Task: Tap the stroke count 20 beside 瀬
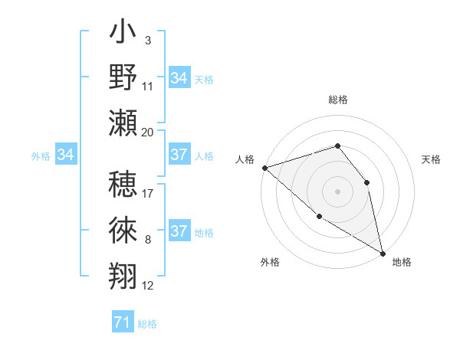coord(148,132)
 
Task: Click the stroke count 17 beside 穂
coord(148,192)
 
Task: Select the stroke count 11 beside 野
coord(148,86)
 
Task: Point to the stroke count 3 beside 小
coord(148,40)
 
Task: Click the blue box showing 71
coord(122,322)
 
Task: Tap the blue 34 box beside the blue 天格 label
coord(179,78)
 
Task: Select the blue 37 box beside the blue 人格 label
coord(179,155)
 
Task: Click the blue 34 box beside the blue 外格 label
coord(65,155)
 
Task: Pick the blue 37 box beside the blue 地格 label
coord(179,231)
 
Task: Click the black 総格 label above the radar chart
coord(337,100)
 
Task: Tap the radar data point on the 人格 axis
coord(264,167)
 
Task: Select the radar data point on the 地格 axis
coord(383,253)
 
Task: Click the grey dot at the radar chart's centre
coord(337,191)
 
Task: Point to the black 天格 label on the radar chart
coord(431,159)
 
